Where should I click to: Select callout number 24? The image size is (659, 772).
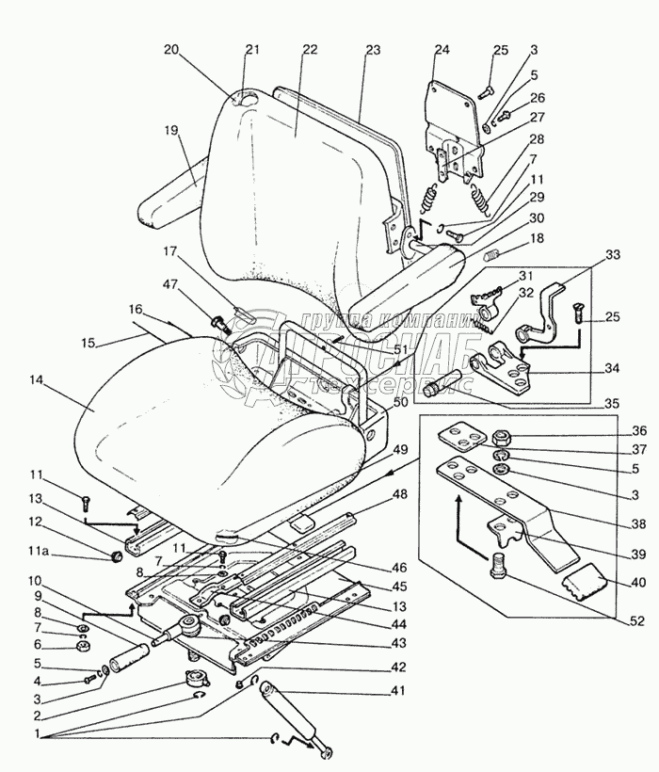click(442, 51)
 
